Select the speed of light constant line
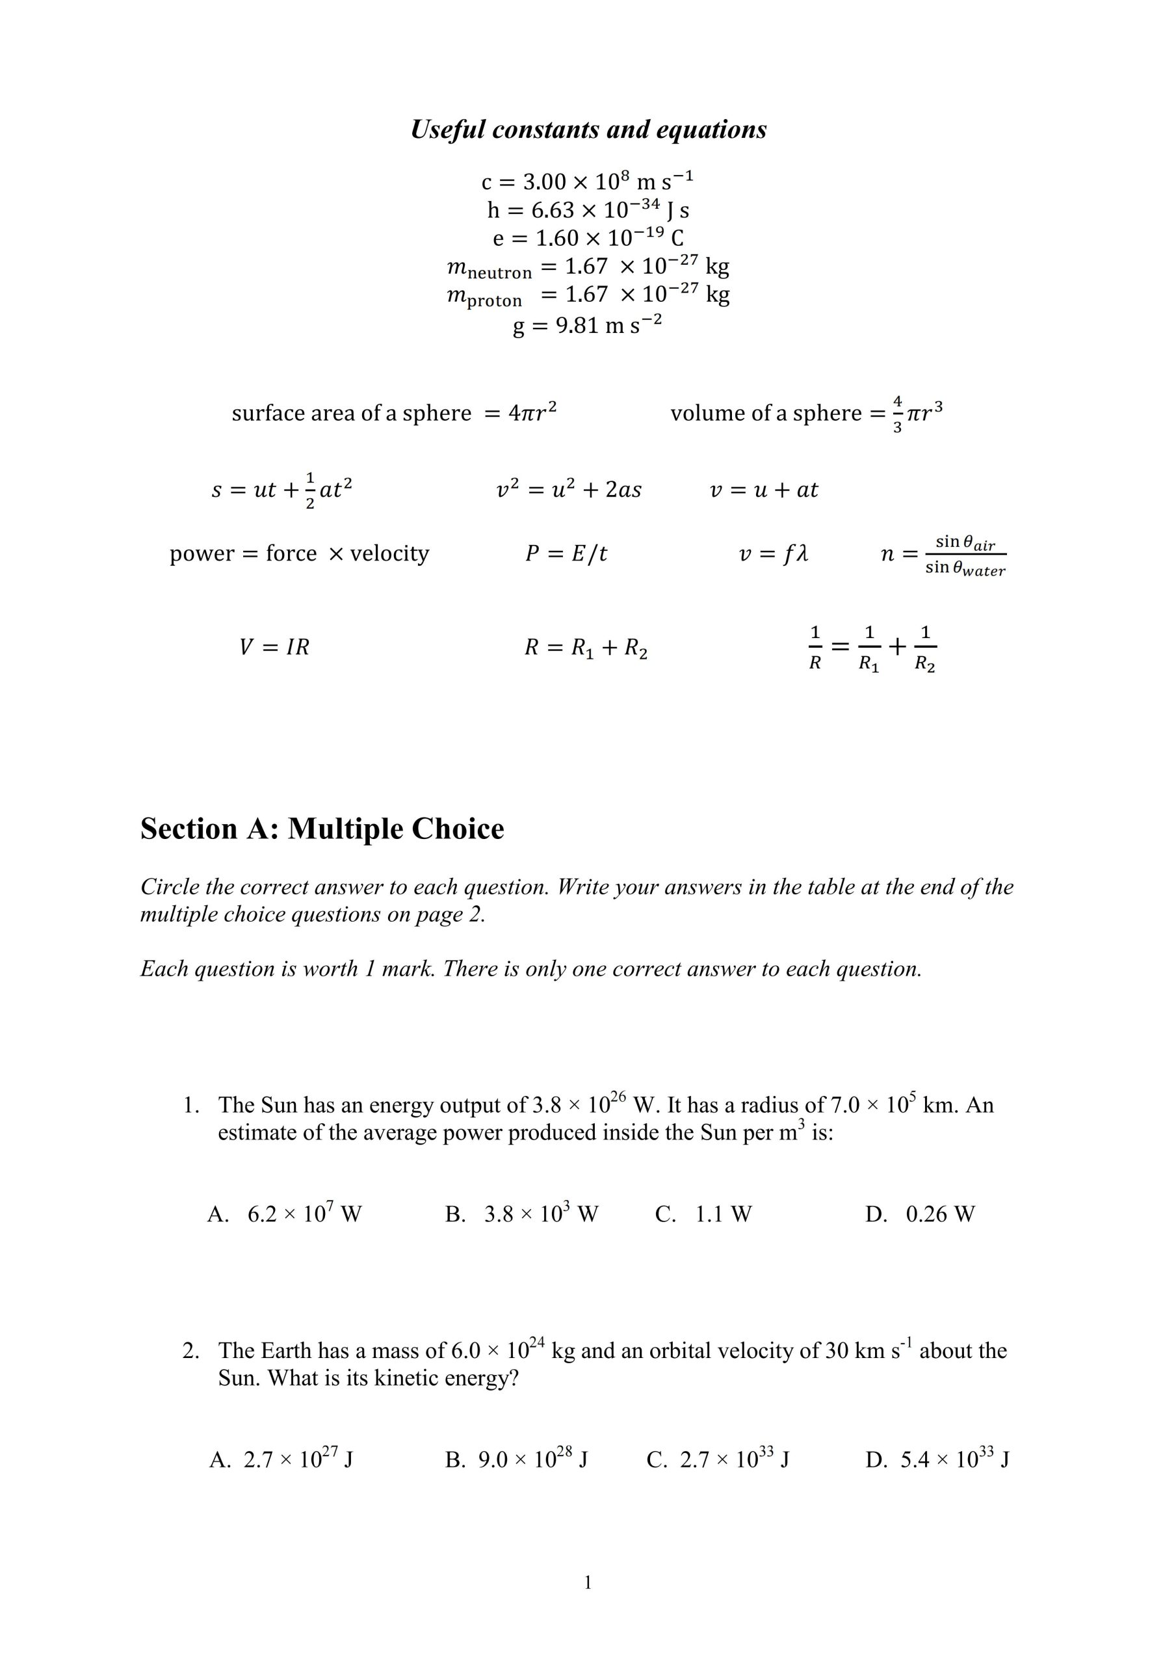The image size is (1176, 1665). tap(587, 180)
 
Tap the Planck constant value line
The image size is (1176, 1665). tap(587, 209)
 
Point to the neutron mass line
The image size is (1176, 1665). tap(587, 267)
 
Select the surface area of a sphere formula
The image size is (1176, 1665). tap(394, 412)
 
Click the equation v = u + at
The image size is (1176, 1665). tap(763, 490)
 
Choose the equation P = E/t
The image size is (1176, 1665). tap(566, 554)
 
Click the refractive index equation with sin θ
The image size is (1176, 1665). tap(943, 555)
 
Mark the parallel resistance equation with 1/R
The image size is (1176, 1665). tap(872, 648)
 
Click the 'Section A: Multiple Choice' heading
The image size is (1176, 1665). tap(322, 829)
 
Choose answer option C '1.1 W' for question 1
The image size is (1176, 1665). tap(703, 1214)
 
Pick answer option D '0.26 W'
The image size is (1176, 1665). tap(919, 1214)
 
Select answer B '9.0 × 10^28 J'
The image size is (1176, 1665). tap(516, 1459)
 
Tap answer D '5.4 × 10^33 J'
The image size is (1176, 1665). tap(937, 1459)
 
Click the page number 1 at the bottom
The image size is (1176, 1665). tap(588, 1582)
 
